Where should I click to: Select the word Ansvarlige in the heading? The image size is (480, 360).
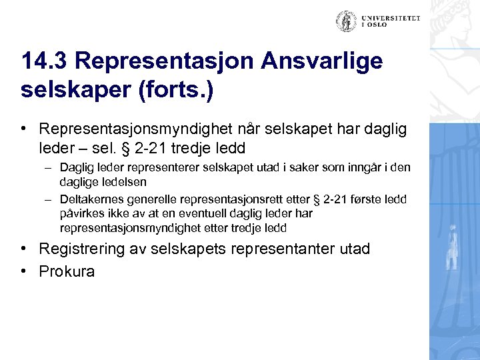[x=323, y=61]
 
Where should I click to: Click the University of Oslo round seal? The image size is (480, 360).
[x=345, y=21]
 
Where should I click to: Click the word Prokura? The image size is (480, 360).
[x=67, y=271]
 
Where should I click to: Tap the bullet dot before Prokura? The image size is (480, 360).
[x=24, y=271]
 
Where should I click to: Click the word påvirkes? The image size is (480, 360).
[x=81, y=213]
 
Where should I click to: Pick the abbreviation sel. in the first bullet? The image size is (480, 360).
[x=111, y=147]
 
